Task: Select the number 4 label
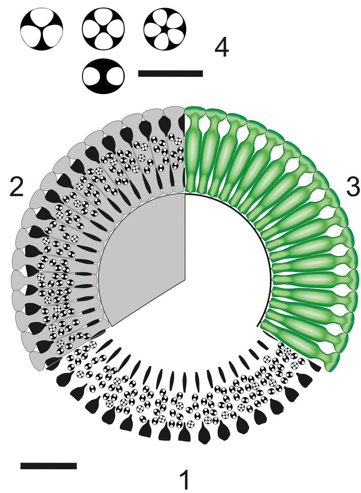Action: pos(221,47)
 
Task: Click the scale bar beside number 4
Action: pos(170,73)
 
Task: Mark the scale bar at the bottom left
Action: pos(48,466)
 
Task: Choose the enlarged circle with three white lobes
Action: pos(42,29)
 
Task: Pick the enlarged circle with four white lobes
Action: pos(103,29)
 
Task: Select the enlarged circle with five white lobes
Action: pos(165,29)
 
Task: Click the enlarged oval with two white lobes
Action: pos(103,76)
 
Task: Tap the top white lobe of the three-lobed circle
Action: pos(42,19)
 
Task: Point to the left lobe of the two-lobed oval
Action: pos(93,76)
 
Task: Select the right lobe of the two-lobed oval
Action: pos(114,76)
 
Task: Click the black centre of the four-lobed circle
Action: pos(103,29)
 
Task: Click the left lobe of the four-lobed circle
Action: pos(92,29)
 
